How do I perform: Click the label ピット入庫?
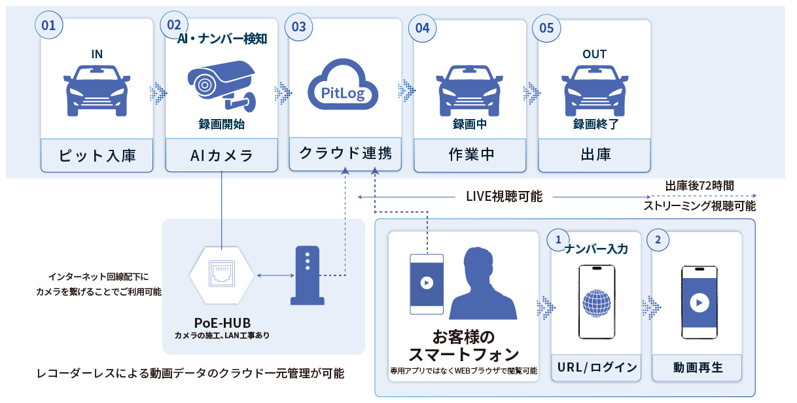tap(97, 155)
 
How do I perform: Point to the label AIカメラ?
tap(221, 155)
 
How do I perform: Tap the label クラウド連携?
tap(345, 154)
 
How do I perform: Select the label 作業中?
tap(470, 155)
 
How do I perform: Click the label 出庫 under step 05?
tap(594, 155)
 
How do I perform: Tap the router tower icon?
tap(308, 275)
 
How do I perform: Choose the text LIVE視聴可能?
tap(504, 196)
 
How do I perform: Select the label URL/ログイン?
tap(596, 367)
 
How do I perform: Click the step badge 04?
tap(422, 28)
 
